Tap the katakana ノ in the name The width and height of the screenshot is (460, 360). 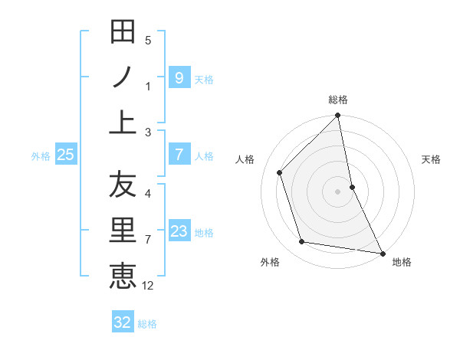pos(123,77)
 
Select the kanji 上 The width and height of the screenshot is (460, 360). pos(123,123)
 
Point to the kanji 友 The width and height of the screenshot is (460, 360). pos(123,185)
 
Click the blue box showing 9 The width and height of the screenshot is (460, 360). pos(179,77)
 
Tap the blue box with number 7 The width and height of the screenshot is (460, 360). pos(179,155)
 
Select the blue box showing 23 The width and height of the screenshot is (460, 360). pos(179,231)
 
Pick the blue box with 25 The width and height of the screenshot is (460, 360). pos(65,155)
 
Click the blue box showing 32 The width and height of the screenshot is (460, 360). pos(122,322)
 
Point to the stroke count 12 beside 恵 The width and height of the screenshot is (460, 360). pos(148,286)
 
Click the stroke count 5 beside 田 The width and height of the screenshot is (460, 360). pos(147,41)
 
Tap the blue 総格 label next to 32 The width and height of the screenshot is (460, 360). pos(147,324)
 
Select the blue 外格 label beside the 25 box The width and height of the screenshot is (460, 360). pos(41,156)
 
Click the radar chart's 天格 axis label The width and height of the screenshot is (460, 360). pos(432,160)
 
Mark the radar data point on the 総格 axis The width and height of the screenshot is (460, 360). pos(338,116)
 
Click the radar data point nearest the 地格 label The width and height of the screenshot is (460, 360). pos(382,253)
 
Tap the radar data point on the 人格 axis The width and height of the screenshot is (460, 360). pos(280,172)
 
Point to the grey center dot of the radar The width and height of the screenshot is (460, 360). pos(338,191)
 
